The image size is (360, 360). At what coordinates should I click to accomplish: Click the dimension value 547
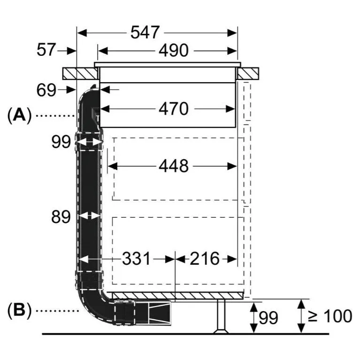[x=145, y=32]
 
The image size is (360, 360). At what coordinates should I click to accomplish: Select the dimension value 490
[x=174, y=51]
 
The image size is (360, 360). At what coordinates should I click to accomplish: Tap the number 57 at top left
[x=46, y=50]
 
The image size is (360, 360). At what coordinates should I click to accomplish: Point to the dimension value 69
[x=46, y=90]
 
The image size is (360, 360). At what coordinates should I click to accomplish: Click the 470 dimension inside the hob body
[x=174, y=109]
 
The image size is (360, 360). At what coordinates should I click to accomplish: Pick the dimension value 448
[x=174, y=166]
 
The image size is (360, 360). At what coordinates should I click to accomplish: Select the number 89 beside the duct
[x=61, y=216]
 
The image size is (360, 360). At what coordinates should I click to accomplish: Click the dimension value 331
[x=136, y=259]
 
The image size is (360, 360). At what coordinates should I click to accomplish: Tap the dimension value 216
[x=205, y=259]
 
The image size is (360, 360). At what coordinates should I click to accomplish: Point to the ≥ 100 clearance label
[x=330, y=316]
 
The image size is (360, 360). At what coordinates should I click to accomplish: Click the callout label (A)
[x=19, y=115]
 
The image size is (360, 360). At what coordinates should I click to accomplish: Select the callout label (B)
[x=19, y=310]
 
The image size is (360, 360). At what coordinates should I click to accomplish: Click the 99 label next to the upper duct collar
[x=61, y=142]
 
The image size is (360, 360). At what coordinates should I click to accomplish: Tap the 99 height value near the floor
[x=268, y=318]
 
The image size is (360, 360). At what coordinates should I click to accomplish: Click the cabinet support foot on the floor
[x=221, y=316]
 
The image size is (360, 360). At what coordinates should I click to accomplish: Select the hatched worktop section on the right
[x=248, y=74]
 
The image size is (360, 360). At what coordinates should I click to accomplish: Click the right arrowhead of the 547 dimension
[x=232, y=33]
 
